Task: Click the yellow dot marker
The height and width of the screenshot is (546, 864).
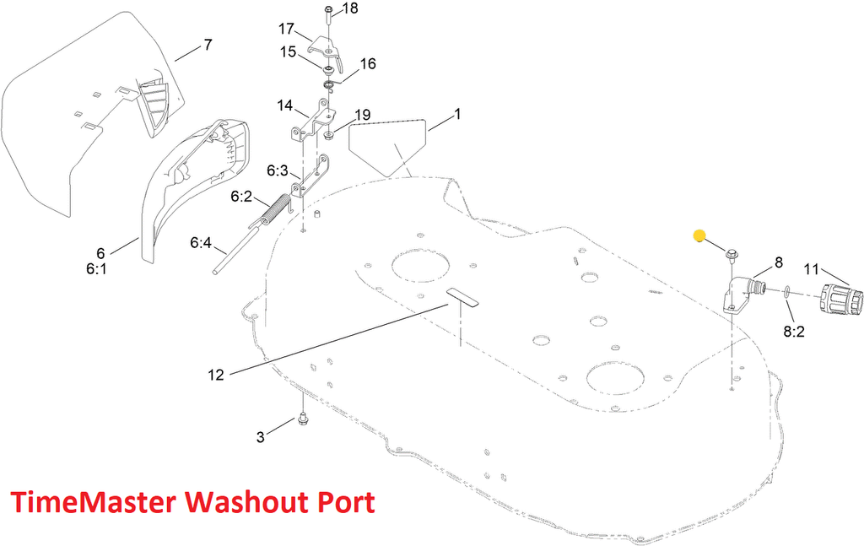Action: pyautogui.click(x=699, y=235)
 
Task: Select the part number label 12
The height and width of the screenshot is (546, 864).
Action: pyautogui.click(x=216, y=375)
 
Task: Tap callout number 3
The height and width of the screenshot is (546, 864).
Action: pyautogui.click(x=261, y=436)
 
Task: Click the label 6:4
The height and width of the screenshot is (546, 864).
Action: pyautogui.click(x=200, y=243)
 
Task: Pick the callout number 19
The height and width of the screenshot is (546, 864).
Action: pyautogui.click(x=363, y=115)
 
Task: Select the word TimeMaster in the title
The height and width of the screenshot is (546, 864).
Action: pyautogui.click(x=93, y=504)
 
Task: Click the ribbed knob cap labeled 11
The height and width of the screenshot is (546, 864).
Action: pyautogui.click(x=840, y=300)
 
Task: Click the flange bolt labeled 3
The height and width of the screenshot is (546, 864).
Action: pyautogui.click(x=302, y=419)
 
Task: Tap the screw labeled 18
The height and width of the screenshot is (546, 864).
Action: pyautogui.click(x=327, y=17)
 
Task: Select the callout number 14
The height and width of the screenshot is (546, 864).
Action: pyautogui.click(x=284, y=106)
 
